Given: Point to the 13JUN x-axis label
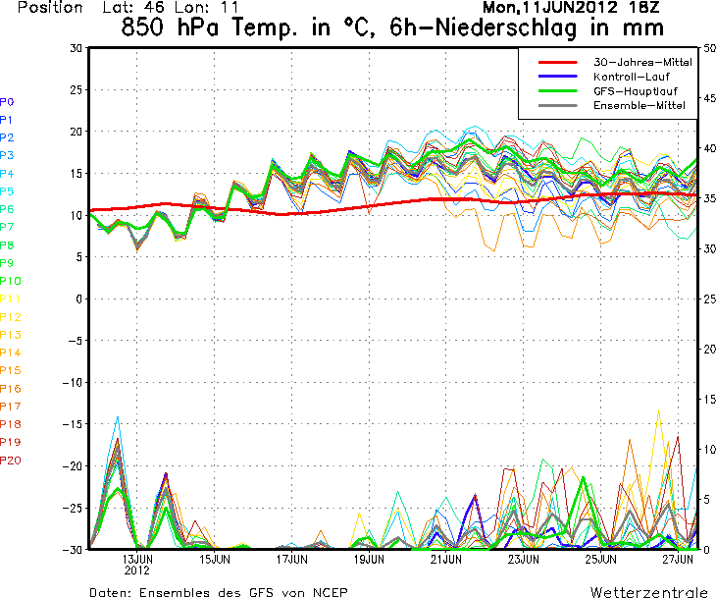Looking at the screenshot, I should pos(136,559).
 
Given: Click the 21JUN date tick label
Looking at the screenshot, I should pos(445,559).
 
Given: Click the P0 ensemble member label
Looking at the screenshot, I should pos(7,101).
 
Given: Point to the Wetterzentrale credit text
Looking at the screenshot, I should pos(649,592).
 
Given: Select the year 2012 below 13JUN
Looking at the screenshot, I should pos(136,570).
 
